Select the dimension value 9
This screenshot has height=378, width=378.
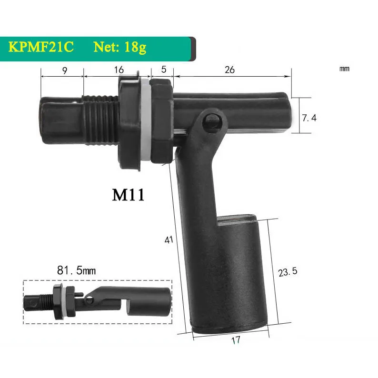coord(64,70)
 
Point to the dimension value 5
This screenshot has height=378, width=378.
coord(164,70)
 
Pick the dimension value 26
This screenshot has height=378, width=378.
coord(229,70)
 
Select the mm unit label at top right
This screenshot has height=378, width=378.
coord(344,69)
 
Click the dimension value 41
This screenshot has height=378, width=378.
coord(168,240)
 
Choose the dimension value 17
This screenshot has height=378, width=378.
coord(235,340)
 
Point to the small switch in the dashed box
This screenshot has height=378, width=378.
coord(98,301)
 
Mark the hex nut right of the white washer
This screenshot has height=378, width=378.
coord(161,122)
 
